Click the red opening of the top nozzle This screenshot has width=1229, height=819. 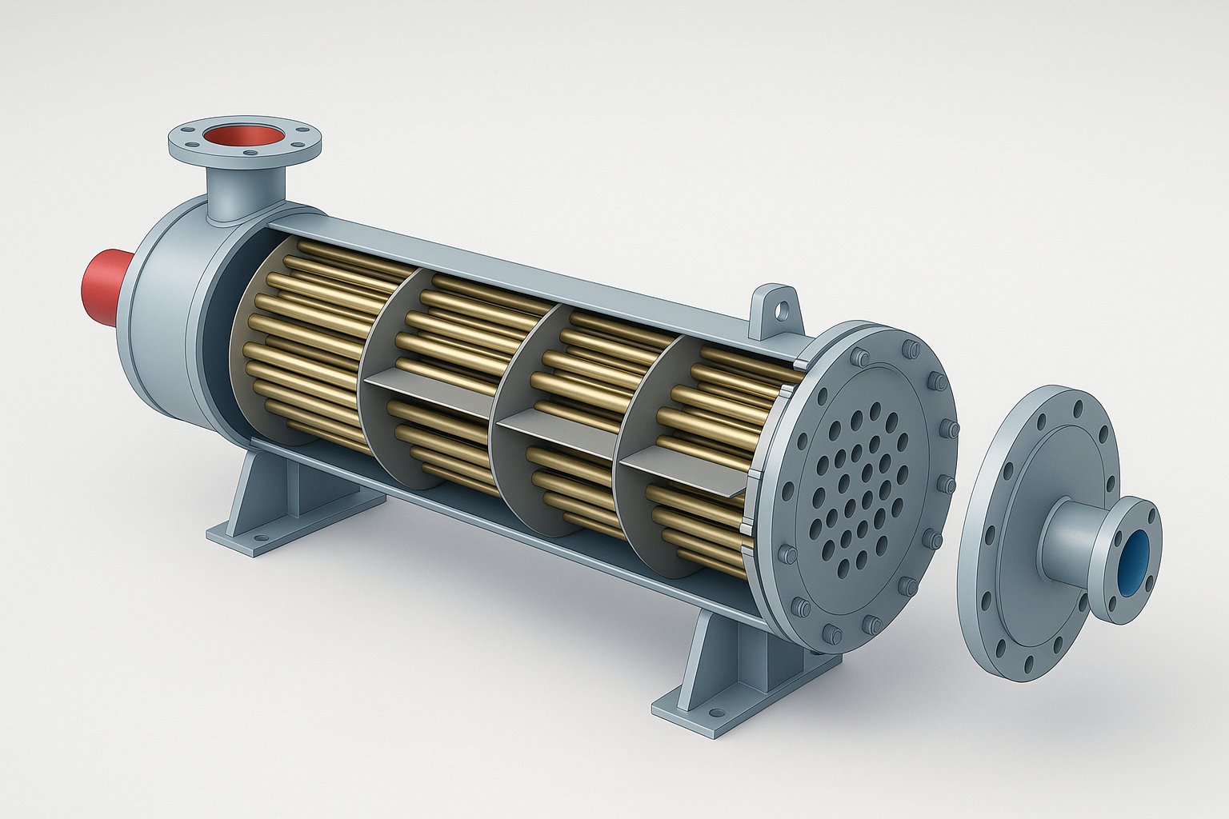(245, 134)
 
